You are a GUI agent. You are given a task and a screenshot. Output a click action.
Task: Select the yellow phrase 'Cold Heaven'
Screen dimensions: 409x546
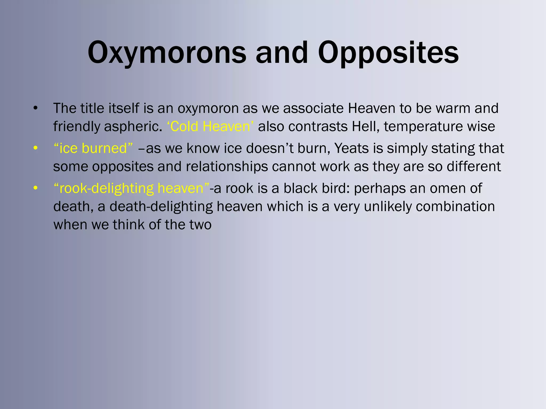pos(210,126)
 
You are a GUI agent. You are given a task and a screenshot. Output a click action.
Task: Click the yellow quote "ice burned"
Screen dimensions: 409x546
pos(93,148)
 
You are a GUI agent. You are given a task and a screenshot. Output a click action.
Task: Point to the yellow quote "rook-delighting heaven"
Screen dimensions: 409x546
pos(131,188)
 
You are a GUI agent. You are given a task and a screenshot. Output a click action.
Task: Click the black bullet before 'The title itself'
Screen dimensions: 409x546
pos(35,108)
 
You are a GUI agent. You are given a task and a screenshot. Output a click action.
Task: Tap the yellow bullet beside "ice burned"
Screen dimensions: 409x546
pos(35,148)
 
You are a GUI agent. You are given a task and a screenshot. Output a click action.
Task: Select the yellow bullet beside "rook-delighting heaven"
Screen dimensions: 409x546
pos(35,188)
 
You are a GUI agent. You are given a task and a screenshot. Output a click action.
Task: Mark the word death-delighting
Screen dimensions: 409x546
pos(161,207)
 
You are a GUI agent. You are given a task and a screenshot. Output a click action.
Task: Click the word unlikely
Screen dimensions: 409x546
pos(387,207)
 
